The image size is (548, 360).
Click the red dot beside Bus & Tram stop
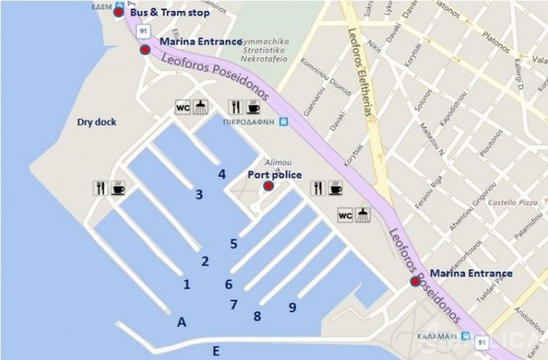[119, 12]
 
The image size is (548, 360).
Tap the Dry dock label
[96, 122]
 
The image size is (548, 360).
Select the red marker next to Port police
[269, 186]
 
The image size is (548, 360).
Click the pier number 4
[222, 174]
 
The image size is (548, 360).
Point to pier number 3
[199, 194]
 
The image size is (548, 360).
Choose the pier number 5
[234, 244]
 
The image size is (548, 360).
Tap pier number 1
[186, 284]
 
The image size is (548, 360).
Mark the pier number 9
[292, 307]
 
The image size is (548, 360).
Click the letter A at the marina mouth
[181, 323]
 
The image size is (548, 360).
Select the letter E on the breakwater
[216, 350]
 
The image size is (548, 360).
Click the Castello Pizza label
[511, 203]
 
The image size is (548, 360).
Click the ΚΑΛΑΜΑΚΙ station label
[439, 337]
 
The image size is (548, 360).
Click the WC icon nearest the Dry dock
[182, 107]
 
